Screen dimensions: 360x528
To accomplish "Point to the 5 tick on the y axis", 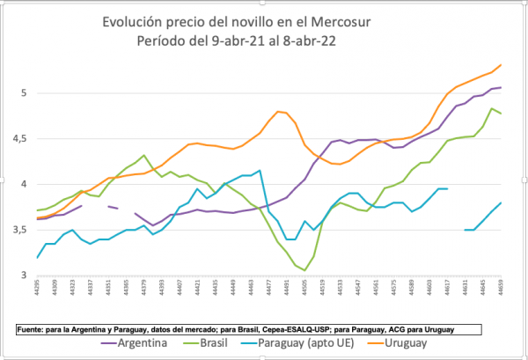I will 24,92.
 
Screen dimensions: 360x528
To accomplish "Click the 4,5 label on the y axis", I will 20,138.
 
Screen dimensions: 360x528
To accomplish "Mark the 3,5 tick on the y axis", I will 20,230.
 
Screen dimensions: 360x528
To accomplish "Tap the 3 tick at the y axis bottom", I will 24,276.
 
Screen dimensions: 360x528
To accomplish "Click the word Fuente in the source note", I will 34,328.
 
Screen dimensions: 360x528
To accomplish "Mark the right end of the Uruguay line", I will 501,64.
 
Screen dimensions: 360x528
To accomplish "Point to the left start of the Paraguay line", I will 37,257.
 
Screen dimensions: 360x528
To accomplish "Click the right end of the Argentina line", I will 501,87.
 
